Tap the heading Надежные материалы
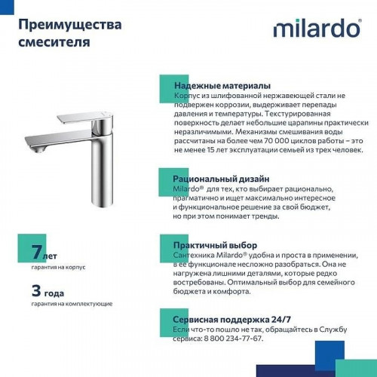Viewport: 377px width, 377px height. pos(222,86)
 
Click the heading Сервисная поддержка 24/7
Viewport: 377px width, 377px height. pos(234,320)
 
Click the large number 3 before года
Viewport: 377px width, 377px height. pos(37,290)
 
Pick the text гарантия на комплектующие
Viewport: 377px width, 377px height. pos(72,303)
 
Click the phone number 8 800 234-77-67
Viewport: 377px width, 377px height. pos(227,339)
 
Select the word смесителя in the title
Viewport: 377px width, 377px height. pos(54,41)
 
